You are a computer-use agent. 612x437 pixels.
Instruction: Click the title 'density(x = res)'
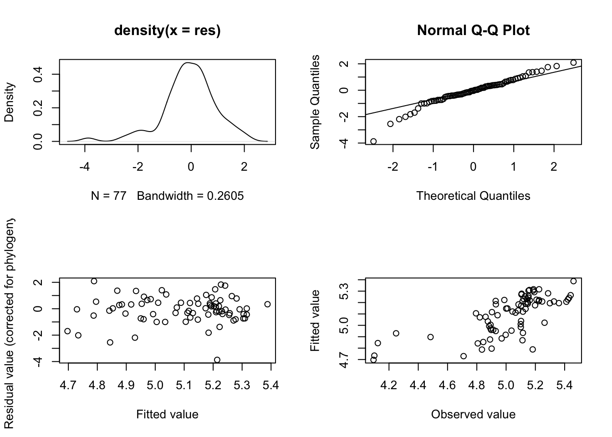167,30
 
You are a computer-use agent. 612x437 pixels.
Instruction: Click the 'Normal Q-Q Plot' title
473,30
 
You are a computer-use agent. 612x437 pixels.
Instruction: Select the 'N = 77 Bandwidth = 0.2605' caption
167,196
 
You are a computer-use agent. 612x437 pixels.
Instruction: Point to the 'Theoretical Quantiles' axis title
473,196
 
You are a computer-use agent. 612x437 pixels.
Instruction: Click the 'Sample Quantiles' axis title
315,102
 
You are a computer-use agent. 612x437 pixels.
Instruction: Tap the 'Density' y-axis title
9,102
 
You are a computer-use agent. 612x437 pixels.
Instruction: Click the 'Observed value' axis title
473,414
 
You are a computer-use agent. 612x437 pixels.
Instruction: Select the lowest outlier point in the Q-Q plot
373,142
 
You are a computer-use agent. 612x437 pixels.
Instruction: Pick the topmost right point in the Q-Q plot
573,63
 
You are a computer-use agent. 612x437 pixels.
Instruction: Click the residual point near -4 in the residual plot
217,360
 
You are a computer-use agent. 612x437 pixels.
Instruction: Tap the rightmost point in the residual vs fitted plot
267,304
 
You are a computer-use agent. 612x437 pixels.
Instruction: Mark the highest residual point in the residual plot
94,281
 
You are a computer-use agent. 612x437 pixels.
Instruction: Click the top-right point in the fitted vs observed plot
573,281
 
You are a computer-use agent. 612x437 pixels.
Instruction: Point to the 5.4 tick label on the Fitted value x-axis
270,386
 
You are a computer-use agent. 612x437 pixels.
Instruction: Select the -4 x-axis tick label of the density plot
84,167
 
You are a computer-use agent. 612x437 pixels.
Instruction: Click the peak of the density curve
187,63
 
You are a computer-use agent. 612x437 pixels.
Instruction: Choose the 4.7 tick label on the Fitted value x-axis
68,386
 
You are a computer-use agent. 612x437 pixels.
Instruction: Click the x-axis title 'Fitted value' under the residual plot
167,414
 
